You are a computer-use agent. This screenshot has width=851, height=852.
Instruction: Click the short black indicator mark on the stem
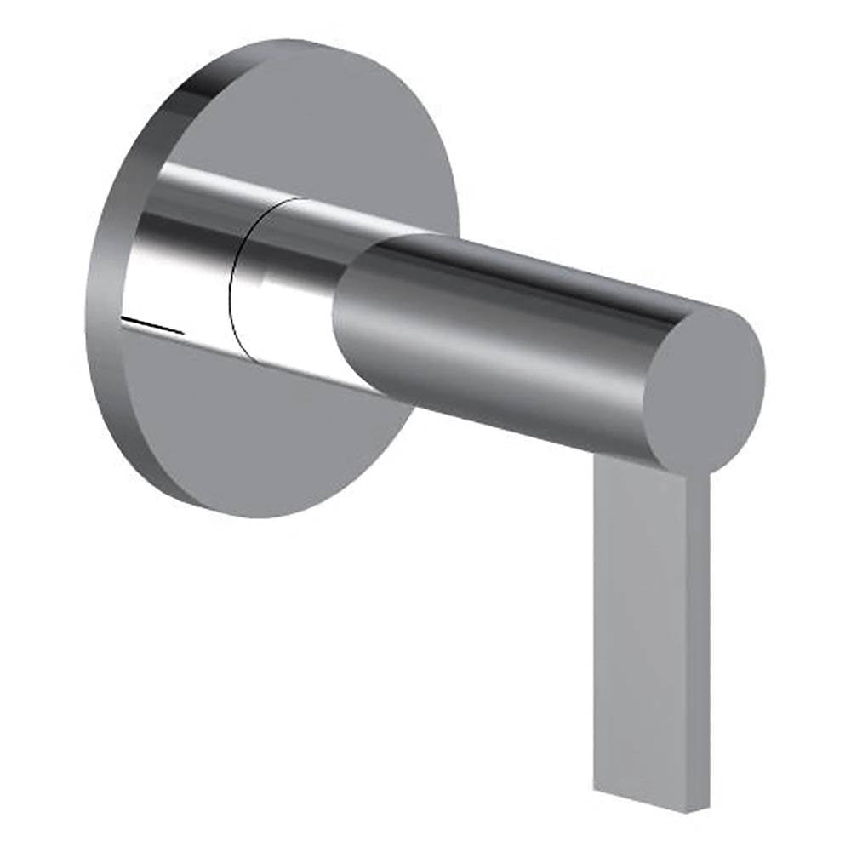point(153,325)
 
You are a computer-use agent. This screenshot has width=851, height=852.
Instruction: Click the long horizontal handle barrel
point(511,340)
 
